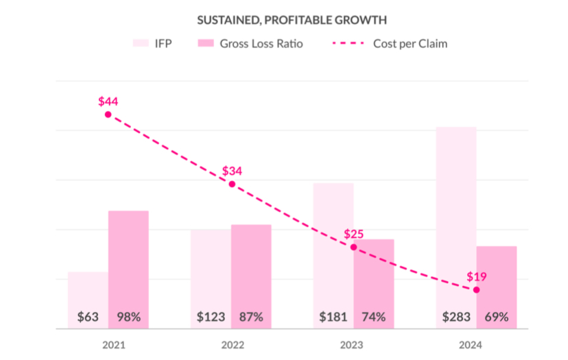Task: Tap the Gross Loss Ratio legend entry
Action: click(250, 44)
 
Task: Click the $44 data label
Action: click(108, 101)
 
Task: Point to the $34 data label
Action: click(232, 171)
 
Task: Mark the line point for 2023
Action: click(354, 247)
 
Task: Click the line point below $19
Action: click(476, 289)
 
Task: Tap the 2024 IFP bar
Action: click(456, 219)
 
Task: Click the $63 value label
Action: click(88, 317)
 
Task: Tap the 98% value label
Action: click(128, 317)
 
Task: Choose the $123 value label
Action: click(211, 317)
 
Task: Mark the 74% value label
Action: click(374, 317)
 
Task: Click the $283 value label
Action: click(456, 317)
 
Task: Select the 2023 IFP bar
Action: click(334, 247)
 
